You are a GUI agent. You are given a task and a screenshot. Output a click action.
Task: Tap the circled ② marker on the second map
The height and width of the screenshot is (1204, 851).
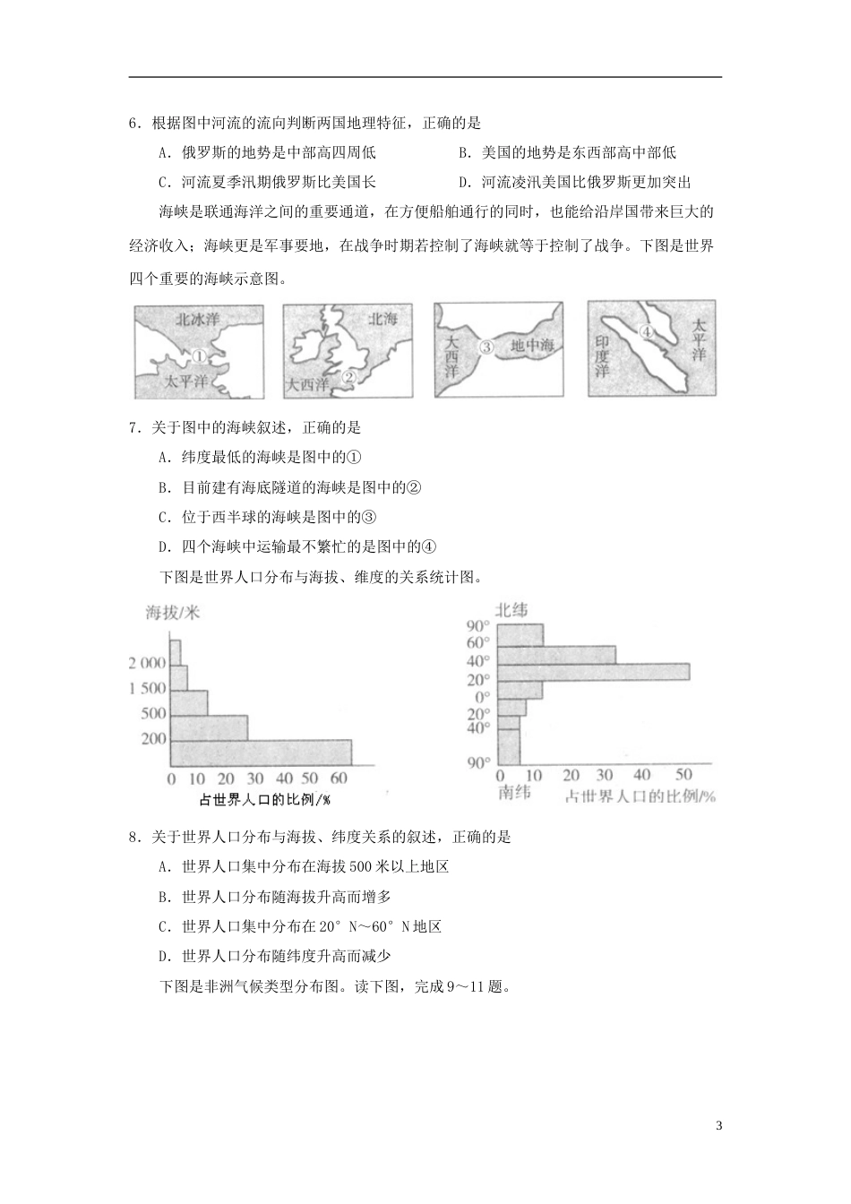(350, 377)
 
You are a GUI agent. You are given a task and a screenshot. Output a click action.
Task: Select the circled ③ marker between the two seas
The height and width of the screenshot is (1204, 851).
(486, 347)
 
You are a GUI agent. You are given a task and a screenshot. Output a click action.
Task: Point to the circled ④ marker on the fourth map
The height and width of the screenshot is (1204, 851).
(649, 331)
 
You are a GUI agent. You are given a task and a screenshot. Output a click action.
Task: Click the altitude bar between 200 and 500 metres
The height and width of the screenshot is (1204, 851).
(209, 727)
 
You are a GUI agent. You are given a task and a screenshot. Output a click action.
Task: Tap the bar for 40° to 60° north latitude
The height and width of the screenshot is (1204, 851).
(556, 655)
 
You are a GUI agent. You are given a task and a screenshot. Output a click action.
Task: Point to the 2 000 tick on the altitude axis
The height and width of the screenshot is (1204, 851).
(147, 664)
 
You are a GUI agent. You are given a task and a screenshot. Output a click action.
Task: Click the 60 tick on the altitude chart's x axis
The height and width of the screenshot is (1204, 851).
(340, 779)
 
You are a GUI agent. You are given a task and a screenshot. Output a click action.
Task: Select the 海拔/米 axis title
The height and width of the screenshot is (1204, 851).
(172, 614)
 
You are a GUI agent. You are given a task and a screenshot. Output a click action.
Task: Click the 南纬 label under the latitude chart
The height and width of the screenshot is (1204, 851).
(515, 793)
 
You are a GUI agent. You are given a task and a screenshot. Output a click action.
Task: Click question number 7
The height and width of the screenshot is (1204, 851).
(134, 428)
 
